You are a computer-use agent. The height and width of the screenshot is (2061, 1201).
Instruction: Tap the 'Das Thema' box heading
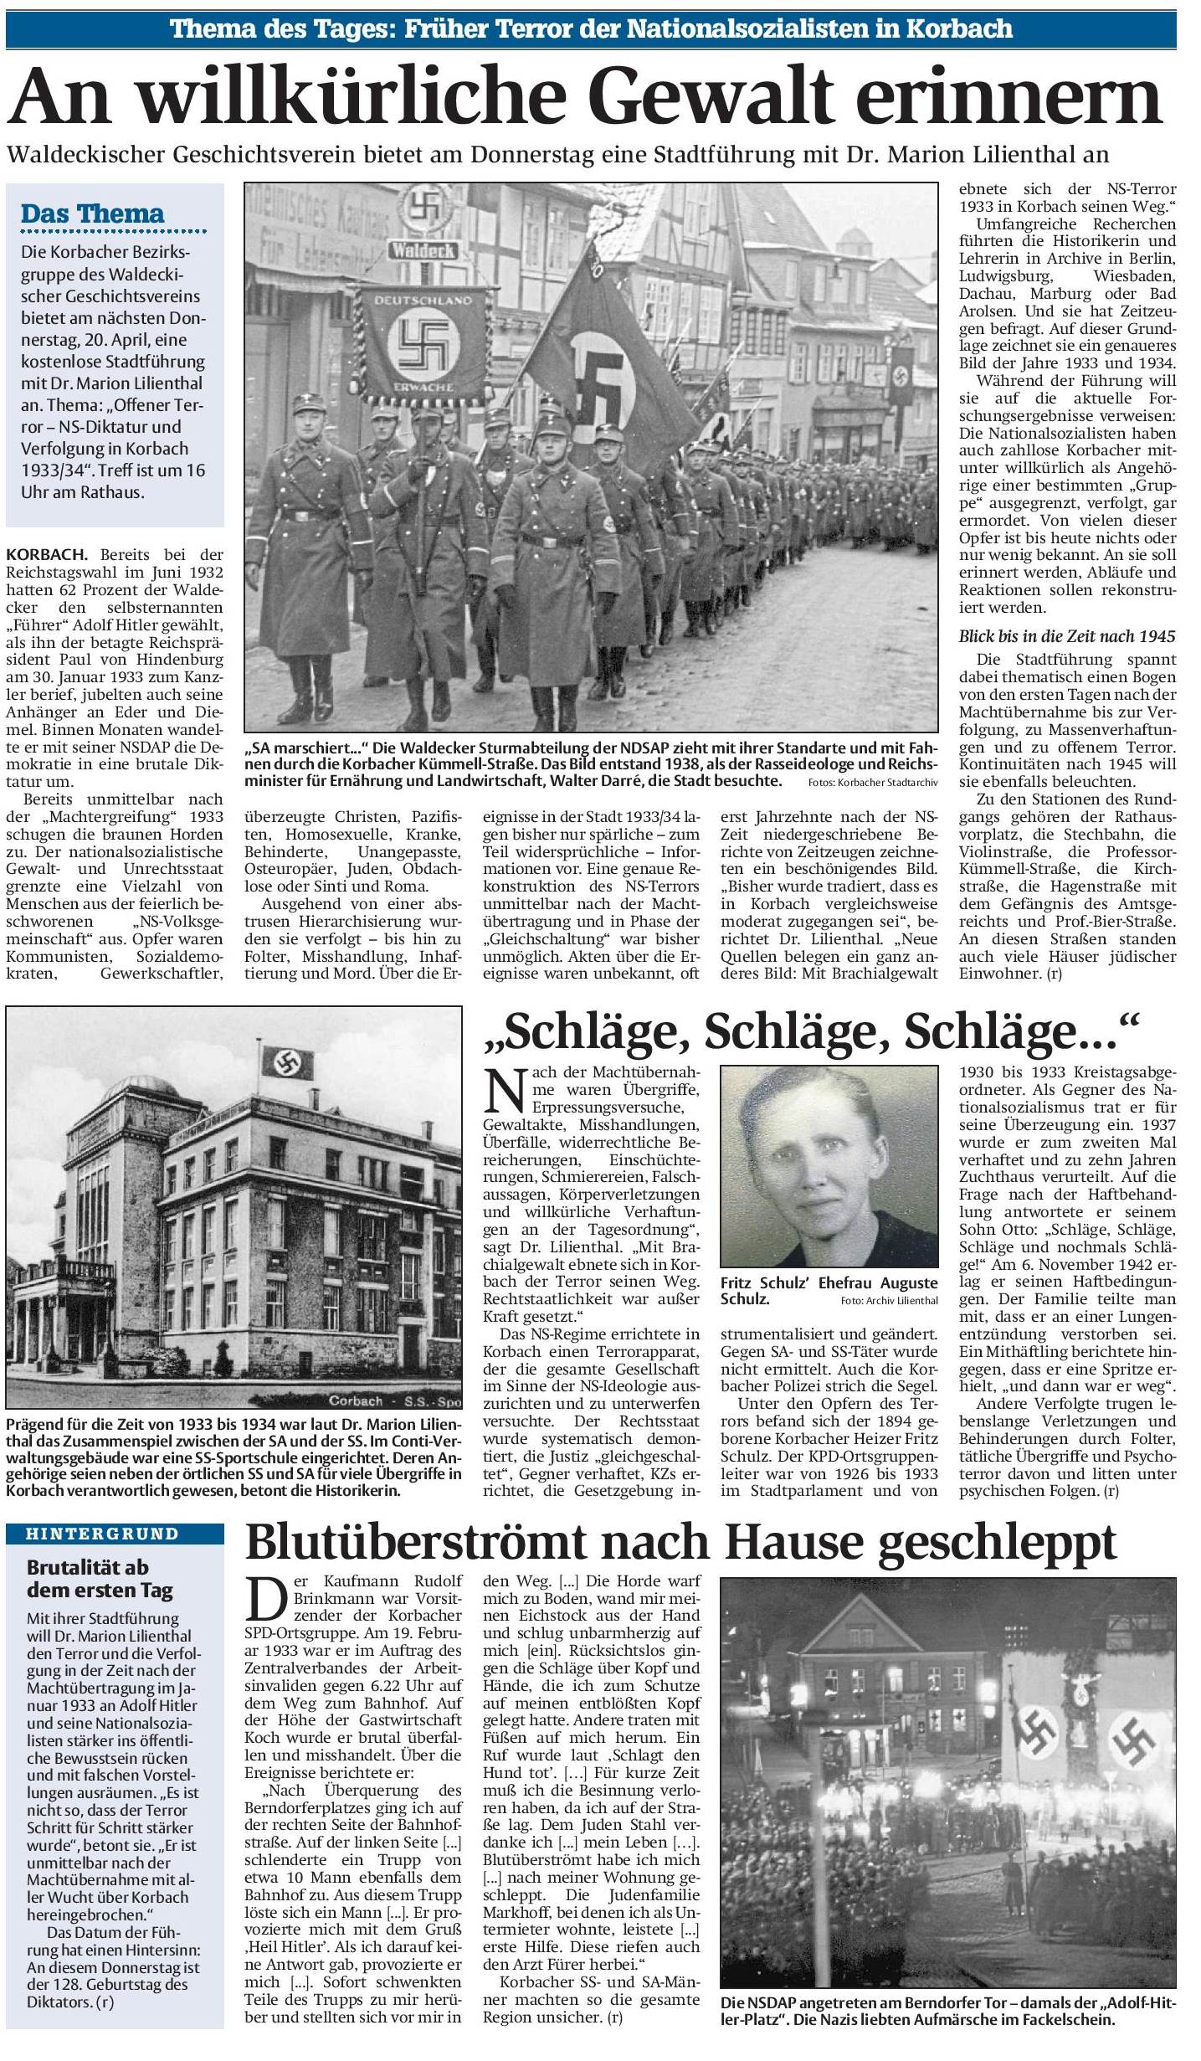click(x=92, y=213)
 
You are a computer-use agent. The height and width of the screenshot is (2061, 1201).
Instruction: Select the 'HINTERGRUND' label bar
click(x=114, y=1534)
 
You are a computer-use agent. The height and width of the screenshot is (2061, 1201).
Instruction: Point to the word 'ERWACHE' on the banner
click(x=425, y=388)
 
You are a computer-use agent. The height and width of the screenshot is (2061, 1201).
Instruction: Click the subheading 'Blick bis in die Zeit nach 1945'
click(x=1067, y=636)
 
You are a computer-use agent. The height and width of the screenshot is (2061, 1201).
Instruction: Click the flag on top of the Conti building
click(x=287, y=1062)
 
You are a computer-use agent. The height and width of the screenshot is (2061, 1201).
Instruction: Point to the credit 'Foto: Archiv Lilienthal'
click(x=890, y=1300)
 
